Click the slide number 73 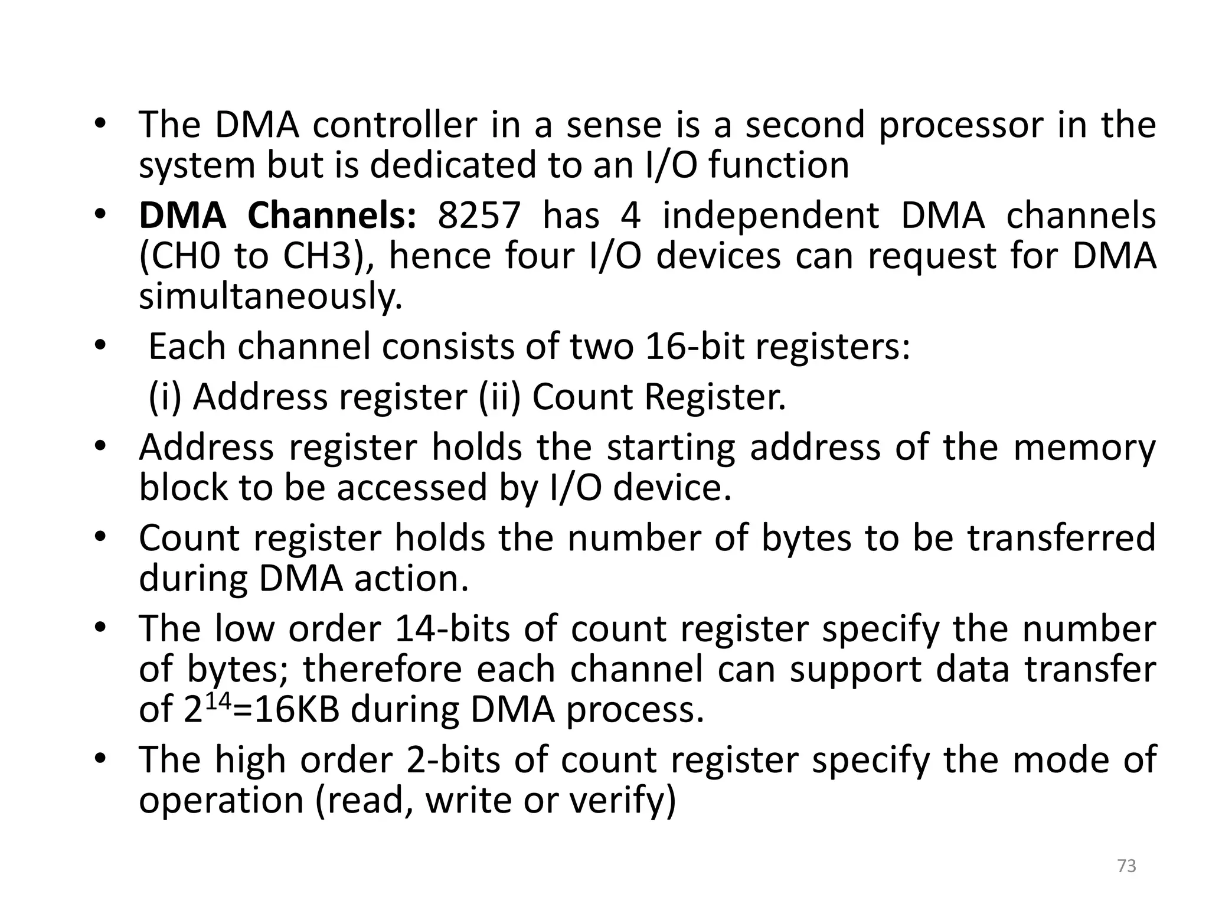point(1126,866)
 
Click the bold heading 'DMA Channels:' point(278,216)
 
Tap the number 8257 point(479,216)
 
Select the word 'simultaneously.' point(270,296)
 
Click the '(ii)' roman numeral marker point(499,397)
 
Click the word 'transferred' point(1055,538)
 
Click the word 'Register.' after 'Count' point(715,397)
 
